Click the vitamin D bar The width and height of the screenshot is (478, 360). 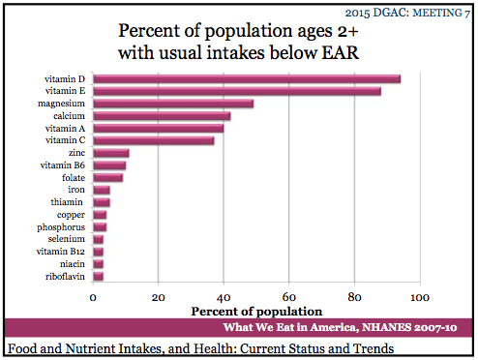tap(247, 79)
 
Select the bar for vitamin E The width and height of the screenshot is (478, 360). tap(237, 91)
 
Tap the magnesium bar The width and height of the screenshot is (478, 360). tap(173, 104)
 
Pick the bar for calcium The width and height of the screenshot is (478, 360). tap(162, 116)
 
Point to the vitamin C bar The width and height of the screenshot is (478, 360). tap(154, 141)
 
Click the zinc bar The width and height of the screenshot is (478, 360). tap(111, 153)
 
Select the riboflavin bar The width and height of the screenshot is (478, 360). tap(98, 277)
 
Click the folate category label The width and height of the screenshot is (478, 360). tap(74, 178)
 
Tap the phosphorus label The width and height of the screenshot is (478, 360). tap(61, 227)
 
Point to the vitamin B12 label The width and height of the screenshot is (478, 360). tap(61, 252)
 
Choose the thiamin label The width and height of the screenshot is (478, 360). tap(67, 202)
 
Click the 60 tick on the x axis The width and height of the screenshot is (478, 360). tap(288, 297)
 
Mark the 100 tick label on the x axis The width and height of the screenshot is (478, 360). tap(420, 297)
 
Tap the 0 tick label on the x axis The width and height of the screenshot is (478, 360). tap(93, 297)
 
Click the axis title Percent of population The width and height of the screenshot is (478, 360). tap(256, 312)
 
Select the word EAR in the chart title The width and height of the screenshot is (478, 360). tap(341, 52)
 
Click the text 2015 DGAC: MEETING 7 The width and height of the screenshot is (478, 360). tap(407, 13)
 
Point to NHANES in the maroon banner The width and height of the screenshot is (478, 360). tap(386, 327)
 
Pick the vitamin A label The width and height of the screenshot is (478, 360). tap(65, 129)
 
